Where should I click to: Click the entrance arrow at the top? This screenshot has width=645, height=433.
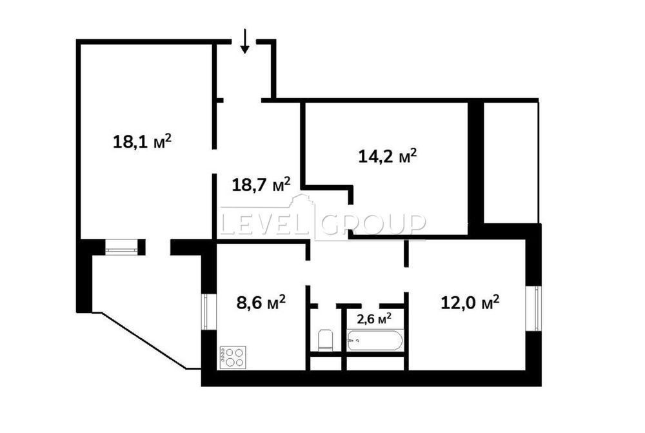point(244,41)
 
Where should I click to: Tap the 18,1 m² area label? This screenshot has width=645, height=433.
point(142,142)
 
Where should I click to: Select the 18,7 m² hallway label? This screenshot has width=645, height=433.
point(261,185)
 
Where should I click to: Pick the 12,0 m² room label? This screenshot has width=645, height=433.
point(470,303)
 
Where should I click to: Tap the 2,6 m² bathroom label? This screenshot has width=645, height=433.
point(373,318)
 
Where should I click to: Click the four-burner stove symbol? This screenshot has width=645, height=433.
point(233,357)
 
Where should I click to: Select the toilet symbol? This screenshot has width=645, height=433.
point(325,340)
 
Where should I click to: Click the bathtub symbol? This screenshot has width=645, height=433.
point(374,340)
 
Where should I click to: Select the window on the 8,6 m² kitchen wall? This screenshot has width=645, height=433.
point(208,311)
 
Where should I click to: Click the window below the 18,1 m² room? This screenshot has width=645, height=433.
point(121,247)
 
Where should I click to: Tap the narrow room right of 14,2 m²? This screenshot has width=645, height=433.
point(511,163)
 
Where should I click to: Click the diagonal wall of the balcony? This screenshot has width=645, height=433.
point(144,341)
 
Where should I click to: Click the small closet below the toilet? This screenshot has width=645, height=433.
point(325,363)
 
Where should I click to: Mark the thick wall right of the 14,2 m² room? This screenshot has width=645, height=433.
point(476,163)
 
